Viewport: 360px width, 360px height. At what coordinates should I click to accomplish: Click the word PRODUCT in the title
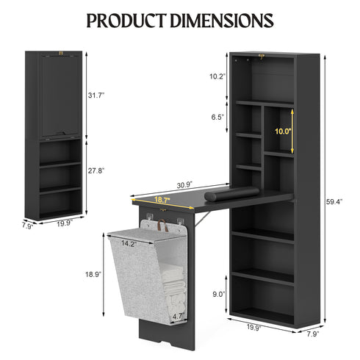point(126,21)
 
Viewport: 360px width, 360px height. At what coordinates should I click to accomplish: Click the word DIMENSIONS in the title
point(222,21)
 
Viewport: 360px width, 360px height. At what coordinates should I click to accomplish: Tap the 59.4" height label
point(334,202)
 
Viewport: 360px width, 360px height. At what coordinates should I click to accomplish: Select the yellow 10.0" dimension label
point(283,132)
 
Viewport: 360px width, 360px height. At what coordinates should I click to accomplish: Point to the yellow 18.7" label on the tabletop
point(162,200)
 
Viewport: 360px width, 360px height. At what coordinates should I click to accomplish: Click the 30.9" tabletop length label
point(184,186)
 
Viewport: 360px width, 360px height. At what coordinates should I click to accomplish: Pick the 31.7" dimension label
point(96,96)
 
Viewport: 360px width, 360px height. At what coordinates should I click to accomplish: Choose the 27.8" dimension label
point(96,170)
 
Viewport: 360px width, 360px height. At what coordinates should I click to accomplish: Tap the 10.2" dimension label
point(217,76)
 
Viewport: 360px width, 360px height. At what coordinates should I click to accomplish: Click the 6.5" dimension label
point(218,117)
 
